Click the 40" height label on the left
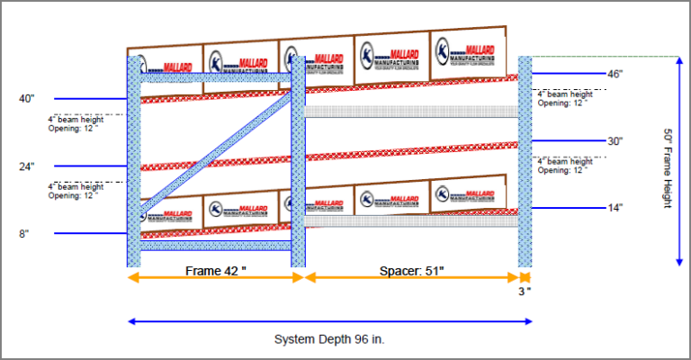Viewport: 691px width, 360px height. pos(26,98)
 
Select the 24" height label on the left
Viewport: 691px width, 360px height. pos(26,166)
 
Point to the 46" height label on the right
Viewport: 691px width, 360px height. pos(615,74)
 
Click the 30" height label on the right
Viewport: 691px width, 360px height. pos(615,141)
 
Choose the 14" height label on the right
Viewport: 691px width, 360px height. pos(615,208)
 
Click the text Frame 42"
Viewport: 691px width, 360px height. pos(216,270)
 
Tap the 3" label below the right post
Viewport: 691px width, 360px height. pos(525,291)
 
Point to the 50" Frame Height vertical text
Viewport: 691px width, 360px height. pos(668,166)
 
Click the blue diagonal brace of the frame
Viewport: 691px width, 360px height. pos(216,153)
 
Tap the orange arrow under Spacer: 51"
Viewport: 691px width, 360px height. pos(411,278)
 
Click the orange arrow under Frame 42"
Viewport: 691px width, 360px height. pos(216,278)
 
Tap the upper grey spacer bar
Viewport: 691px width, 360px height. pos(411,112)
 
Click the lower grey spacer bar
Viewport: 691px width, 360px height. pos(411,220)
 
